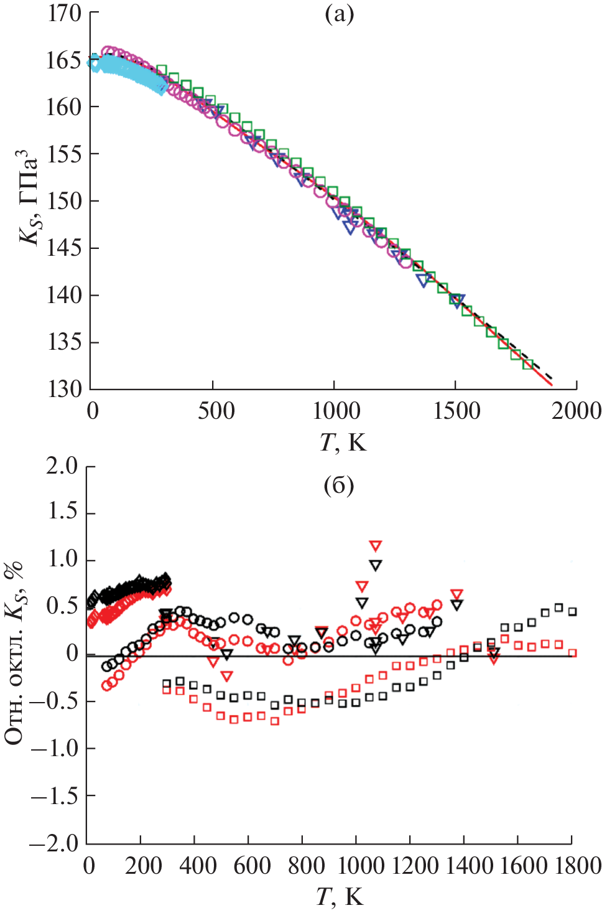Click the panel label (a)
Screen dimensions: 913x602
tap(339, 14)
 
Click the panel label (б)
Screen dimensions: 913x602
tap(339, 485)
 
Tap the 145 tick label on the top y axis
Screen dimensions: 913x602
tap(65, 248)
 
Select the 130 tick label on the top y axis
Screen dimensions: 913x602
tap(65, 390)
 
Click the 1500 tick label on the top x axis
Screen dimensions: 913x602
tap(456, 411)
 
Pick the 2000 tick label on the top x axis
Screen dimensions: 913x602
tap(576, 411)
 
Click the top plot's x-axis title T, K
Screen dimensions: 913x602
tap(343, 442)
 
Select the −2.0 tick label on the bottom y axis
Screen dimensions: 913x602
tap(55, 843)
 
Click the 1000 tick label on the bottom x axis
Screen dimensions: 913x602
tap(357, 866)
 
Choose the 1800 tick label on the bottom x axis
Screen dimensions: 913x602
tap(570, 866)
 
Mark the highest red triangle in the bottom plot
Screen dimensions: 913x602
tap(376, 546)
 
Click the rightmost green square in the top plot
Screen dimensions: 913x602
tap(528, 364)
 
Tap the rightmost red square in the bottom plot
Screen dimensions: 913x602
tap(573, 653)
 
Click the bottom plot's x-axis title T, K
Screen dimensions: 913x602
tap(340, 897)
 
